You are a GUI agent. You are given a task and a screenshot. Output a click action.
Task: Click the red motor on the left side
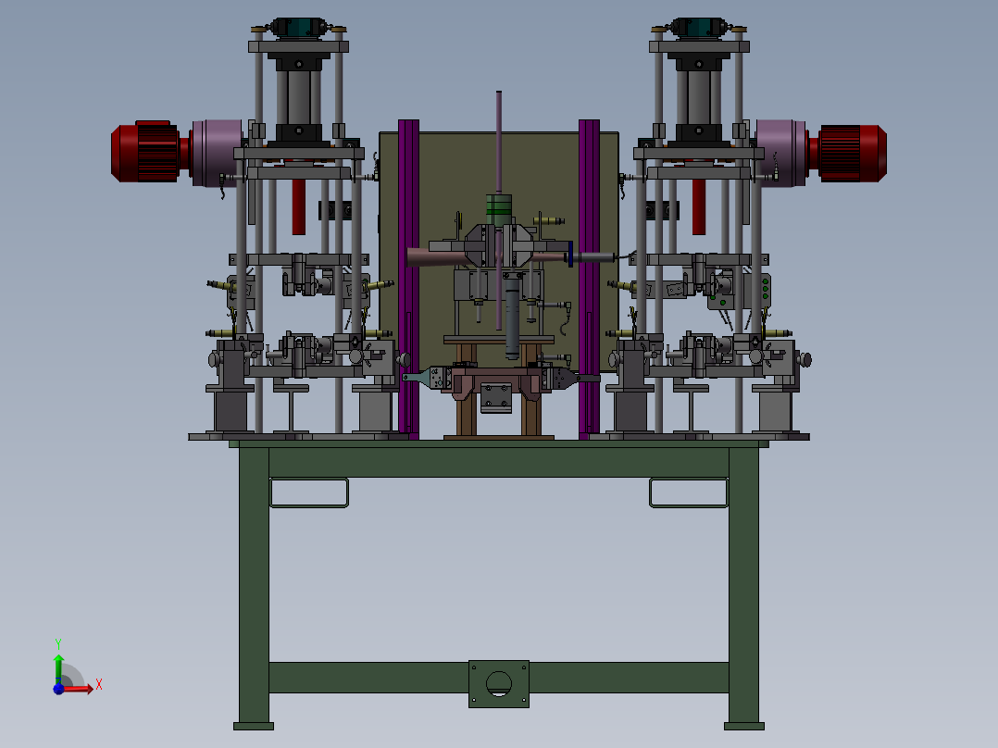150,152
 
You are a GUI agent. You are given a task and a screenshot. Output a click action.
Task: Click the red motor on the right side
848,153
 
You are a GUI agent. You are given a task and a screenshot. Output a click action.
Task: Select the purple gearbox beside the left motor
217,153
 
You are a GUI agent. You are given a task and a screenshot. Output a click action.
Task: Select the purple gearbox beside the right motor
781,153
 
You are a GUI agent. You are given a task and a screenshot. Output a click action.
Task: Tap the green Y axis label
58,644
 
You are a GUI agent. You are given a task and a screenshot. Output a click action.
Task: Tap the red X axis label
99,685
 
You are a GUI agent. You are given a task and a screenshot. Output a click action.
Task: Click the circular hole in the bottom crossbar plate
498,684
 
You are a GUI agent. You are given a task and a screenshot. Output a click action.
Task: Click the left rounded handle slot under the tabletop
309,492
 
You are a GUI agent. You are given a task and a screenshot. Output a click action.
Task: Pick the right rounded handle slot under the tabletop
689,492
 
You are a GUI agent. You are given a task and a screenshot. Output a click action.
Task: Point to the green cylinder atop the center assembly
499,209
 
